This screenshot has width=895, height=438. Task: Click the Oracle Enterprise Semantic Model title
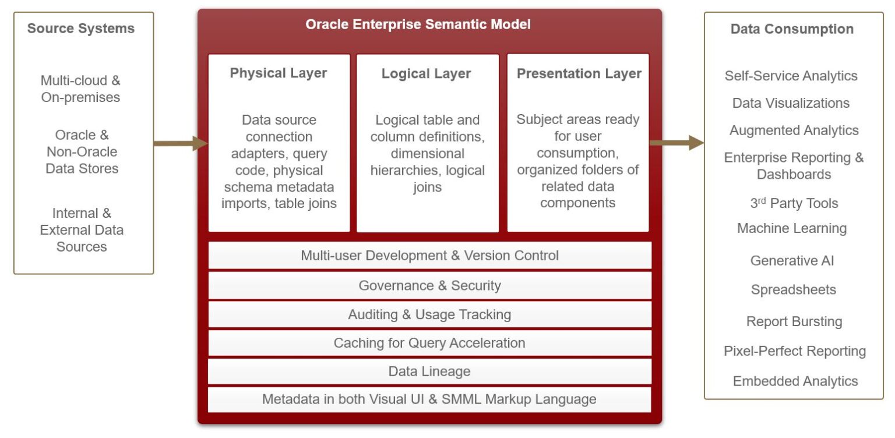[x=418, y=24]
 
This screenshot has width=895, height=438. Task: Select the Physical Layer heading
[x=279, y=73]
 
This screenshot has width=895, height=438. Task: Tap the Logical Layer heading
[x=426, y=73]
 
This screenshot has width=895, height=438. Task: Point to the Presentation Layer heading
[x=579, y=73]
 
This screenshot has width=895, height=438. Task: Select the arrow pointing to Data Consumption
[x=676, y=143]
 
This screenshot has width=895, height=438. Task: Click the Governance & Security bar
[x=429, y=285]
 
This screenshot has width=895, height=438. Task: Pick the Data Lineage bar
[x=429, y=371]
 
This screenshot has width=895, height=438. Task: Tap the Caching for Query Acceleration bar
[x=429, y=343]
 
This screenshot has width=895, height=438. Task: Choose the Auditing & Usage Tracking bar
[x=429, y=315]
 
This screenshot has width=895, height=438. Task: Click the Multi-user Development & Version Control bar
[x=429, y=256]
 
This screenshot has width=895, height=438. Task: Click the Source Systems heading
[x=81, y=29]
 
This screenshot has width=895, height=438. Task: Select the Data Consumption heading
[x=792, y=29]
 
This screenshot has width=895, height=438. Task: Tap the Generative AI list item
[x=792, y=260]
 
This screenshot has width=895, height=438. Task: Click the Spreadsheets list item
[x=793, y=289]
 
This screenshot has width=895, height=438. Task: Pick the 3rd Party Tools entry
[x=794, y=203]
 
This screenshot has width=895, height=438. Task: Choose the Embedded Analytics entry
[x=795, y=381]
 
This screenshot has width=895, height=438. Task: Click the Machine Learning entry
[x=792, y=228]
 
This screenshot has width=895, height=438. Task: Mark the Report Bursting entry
[x=794, y=322]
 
